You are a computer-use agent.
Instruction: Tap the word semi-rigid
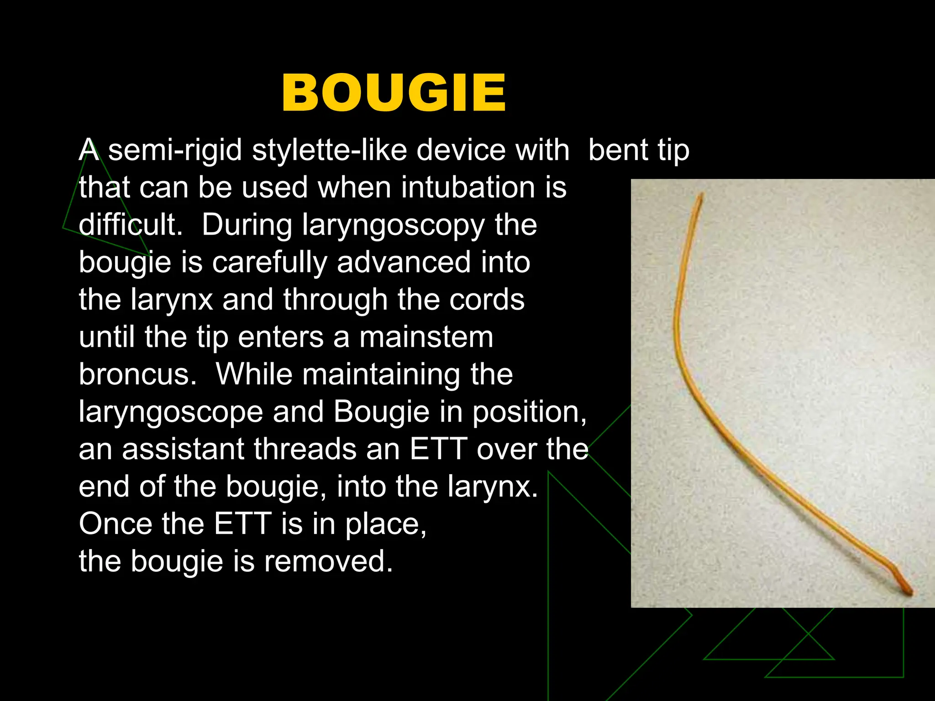[175, 151]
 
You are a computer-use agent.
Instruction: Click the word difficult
[131, 225]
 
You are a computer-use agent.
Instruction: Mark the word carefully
[270, 263]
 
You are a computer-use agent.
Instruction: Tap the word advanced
[404, 263]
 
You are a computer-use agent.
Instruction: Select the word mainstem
[426, 338]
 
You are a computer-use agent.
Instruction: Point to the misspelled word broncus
[137, 375]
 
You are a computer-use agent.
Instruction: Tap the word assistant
[183, 450]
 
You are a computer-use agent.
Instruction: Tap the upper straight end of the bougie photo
[698, 201]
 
